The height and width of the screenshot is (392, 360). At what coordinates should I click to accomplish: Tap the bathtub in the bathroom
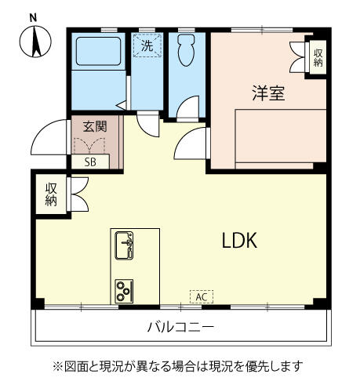pyautogui.click(x=98, y=51)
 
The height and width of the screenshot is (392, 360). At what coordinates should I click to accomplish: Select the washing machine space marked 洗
pyautogui.click(x=147, y=45)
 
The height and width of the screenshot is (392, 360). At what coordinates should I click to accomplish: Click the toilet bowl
pyautogui.click(x=186, y=50)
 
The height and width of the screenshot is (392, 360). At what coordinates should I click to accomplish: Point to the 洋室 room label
pyautogui.click(x=268, y=93)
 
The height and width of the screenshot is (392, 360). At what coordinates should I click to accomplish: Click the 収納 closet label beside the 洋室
pyautogui.click(x=318, y=58)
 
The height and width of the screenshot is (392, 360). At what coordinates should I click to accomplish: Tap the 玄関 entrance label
pyautogui.click(x=95, y=127)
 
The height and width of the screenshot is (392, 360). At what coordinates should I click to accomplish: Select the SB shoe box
pyautogui.click(x=90, y=162)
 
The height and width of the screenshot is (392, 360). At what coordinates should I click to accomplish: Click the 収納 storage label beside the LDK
pyautogui.click(x=51, y=194)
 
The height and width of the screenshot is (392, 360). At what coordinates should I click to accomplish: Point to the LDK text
pyautogui.click(x=239, y=241)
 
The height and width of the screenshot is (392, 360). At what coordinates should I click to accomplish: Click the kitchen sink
pyautogui.click(x=124, y=245)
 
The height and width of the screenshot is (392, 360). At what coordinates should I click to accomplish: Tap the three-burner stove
pyautogui.click(x=124, y=291)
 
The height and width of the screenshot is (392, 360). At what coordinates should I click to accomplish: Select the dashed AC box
pyautogui.click(x=202, y=297)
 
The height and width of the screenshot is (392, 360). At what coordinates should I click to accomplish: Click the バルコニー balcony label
pyautogui.click(x=181, y=327)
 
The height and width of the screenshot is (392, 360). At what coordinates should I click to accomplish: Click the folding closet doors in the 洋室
pyautogui.click(x=297, y=57)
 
